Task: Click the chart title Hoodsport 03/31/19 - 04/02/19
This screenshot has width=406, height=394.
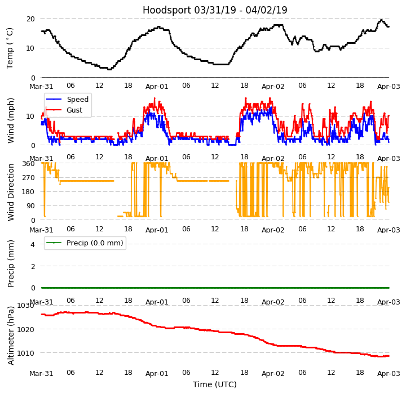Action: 215,10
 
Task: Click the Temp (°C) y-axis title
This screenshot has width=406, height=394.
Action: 10,48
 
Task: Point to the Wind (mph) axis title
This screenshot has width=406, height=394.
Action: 11,120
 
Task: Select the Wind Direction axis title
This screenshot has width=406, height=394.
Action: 11,192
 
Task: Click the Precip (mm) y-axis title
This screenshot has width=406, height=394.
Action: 11,263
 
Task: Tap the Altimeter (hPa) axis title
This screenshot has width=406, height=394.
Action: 11,335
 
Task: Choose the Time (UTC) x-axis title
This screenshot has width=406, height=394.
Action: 215,384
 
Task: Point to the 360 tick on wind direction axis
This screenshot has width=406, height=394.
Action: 29,163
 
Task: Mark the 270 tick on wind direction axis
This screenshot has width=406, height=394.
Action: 29,177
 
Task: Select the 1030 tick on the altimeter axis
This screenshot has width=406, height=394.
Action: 26,306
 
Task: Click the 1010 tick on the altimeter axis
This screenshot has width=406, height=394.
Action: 26,353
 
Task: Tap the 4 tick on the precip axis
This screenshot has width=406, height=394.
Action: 33,244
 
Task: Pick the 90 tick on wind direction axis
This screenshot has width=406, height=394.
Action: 31,206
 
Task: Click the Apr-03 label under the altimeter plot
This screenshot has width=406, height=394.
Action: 389,373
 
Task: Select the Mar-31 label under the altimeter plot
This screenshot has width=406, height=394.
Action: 41,373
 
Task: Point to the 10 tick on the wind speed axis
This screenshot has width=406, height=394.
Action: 32,117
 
